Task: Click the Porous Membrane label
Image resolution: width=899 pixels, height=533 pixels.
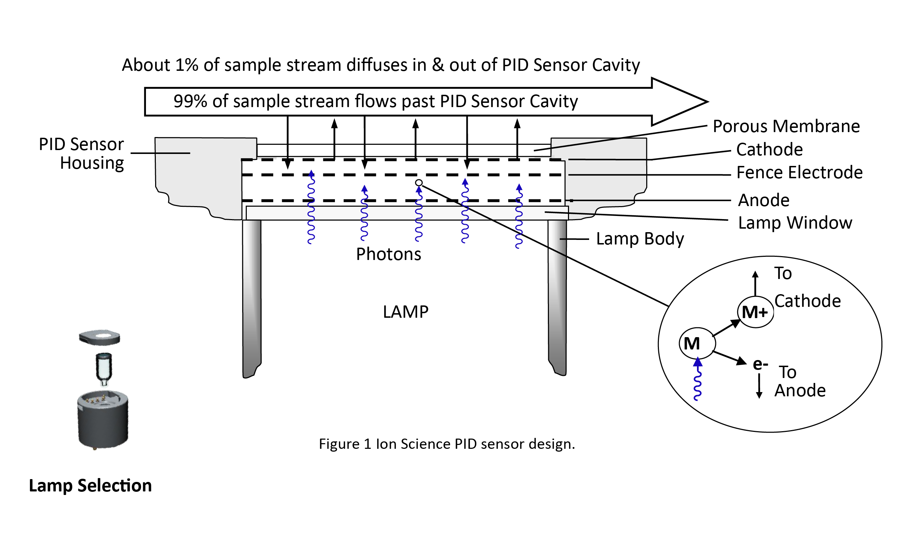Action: [786, 126]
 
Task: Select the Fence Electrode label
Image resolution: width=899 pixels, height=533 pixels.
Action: [799, 173]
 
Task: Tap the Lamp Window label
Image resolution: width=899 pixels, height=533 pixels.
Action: [795, 223]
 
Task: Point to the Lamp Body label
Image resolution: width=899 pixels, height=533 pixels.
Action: [640, 239]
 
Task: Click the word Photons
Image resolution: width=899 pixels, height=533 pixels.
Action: [388, 254]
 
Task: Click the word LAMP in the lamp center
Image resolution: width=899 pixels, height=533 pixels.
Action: [405, 312]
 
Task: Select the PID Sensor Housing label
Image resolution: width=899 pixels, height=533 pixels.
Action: [81, 154]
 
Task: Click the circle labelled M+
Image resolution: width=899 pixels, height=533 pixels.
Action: [755, 312]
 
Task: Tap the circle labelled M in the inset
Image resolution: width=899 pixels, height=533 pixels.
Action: [697, 344]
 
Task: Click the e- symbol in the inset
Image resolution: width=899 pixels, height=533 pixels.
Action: [760, 365]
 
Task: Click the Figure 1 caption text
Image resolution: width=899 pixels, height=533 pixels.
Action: [446, 444]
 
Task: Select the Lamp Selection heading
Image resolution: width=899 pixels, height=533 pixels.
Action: [90, 486]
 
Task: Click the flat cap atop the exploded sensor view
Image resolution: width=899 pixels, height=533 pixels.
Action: [99, 337]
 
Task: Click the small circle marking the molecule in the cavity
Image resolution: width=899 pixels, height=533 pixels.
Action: [418, 183]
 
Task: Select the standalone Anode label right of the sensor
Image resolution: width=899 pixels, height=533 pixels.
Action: [763, 200]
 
